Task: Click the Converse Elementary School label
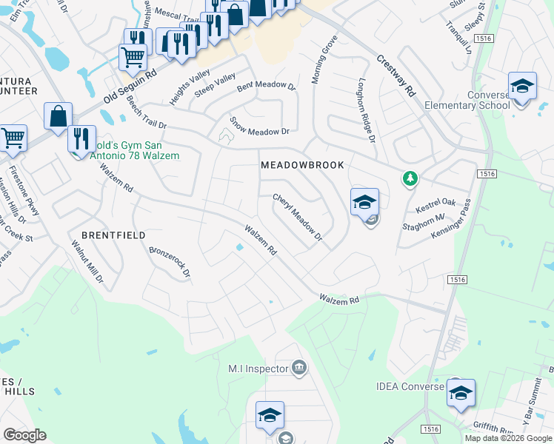467,100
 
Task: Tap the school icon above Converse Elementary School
522,86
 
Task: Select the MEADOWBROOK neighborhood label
302,165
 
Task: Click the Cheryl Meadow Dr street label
298,218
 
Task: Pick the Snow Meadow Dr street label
258,125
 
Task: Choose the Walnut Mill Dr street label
87,263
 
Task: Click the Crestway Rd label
396,78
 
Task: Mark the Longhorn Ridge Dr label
367,110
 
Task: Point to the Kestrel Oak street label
437,202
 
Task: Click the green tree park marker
410,178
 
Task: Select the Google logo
24,435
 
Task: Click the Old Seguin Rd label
130,87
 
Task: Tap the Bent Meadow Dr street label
267,86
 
